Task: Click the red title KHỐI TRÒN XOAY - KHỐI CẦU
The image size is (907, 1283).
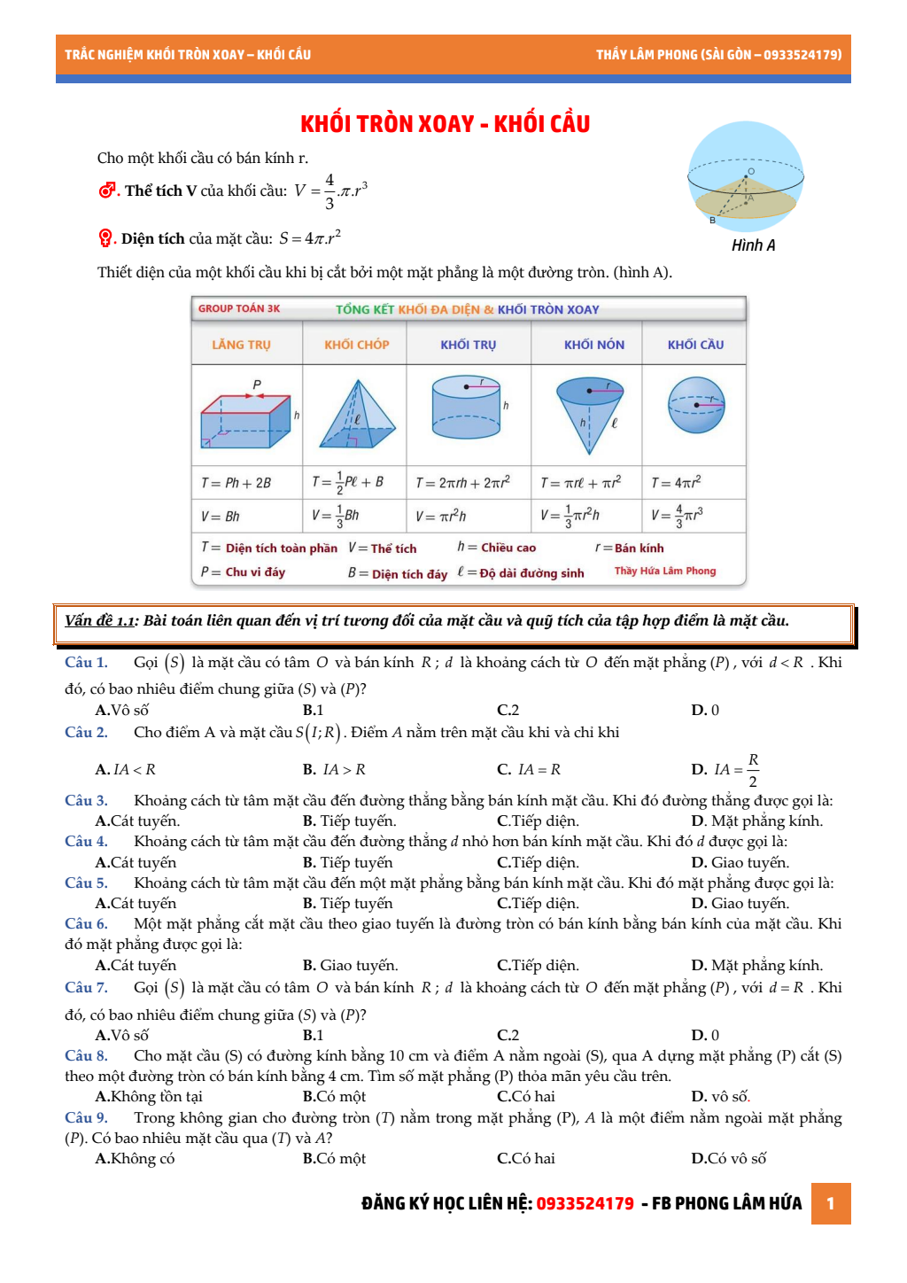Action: (x=445, y=124)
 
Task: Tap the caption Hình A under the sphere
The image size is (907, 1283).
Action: (x=753, y=245)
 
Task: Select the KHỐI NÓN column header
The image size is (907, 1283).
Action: (x=594, y=345)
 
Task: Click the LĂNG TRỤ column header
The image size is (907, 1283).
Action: (x=241, y=345)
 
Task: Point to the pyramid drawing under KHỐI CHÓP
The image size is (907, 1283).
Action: (x=357, y=415)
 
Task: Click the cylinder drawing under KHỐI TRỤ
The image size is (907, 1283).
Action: (x=466, y=407)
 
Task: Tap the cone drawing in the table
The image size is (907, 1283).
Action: (x=589, y=413)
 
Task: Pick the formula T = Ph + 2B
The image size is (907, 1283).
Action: (x=236, y=483)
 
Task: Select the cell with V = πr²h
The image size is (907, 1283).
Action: (x=440, y=516)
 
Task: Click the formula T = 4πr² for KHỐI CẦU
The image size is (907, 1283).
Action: (x=676, y=483)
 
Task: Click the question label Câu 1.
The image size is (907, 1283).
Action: (x=86, y=663)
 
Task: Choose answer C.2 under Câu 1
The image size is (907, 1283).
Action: (x=508, y=710)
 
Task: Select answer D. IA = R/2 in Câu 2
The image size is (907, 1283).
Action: (x=725, y=769)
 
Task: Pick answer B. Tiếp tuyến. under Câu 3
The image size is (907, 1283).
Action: (x=349, y=820)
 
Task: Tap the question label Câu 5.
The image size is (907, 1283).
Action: (x=86, y=883)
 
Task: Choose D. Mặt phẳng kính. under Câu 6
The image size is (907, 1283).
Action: (x=756, y=965)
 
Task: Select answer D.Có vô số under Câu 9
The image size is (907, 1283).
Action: (x=728, y=1158)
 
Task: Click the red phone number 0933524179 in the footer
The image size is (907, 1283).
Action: (x=585, y=1203)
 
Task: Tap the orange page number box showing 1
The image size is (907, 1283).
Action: (x=831, y=1203)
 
